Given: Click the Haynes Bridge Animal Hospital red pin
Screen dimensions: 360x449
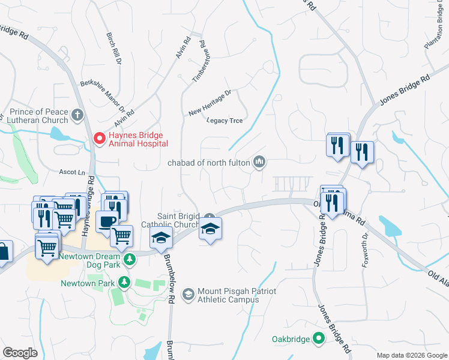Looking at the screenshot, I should tap(99, 139).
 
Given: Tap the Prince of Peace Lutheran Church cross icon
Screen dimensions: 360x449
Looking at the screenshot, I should tap(77, 114).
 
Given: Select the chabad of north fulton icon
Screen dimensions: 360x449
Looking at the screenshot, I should tap(260, 161).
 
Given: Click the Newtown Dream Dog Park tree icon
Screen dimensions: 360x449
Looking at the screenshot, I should tap(129, 259).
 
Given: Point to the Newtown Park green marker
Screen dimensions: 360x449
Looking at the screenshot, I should tap(124, 281).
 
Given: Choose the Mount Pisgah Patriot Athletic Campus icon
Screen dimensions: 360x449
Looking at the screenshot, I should tap(188, 293).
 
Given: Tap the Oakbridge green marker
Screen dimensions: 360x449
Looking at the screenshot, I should tap(319, 339).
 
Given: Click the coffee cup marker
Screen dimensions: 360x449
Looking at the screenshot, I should tap(107, 221).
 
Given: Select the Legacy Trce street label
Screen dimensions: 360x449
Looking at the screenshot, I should tap(224, 121).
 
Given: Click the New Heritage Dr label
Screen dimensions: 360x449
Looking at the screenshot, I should tap(209, 103).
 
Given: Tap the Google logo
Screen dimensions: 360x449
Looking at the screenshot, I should tap(20, 352).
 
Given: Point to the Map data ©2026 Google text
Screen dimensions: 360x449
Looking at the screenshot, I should tap(411, 355).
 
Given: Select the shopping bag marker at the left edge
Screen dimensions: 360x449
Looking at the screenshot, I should tap(3, 253).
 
